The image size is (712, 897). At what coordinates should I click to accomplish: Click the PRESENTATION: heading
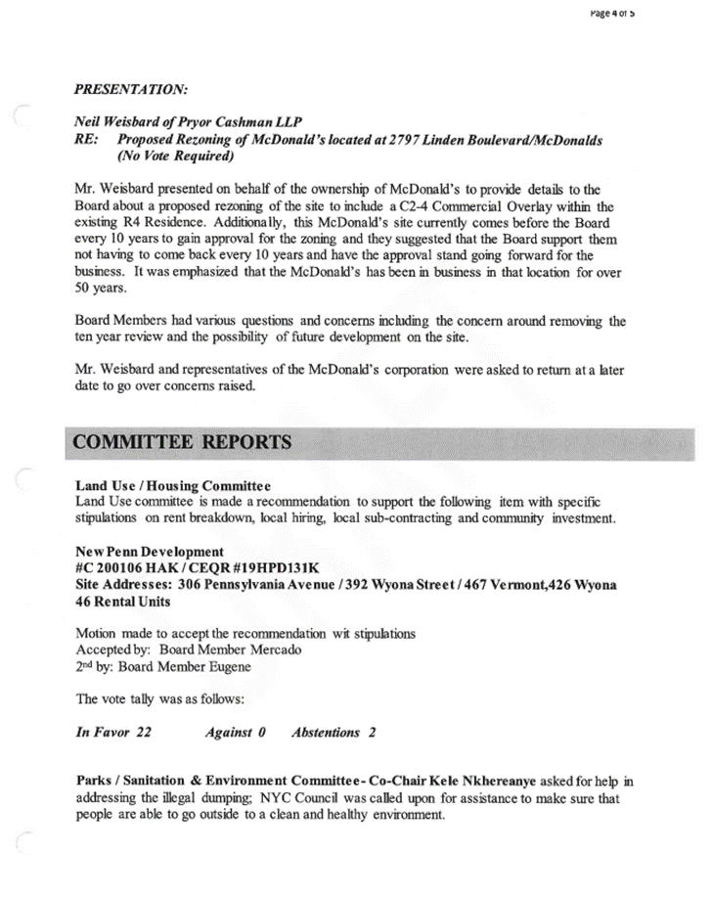[x=131, y=89]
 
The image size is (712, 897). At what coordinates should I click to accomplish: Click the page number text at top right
[x=614, y=15]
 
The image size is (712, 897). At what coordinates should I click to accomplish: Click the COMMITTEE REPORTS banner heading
[x=183, y=442]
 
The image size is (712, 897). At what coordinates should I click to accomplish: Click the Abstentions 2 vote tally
[x=333, y=732]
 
